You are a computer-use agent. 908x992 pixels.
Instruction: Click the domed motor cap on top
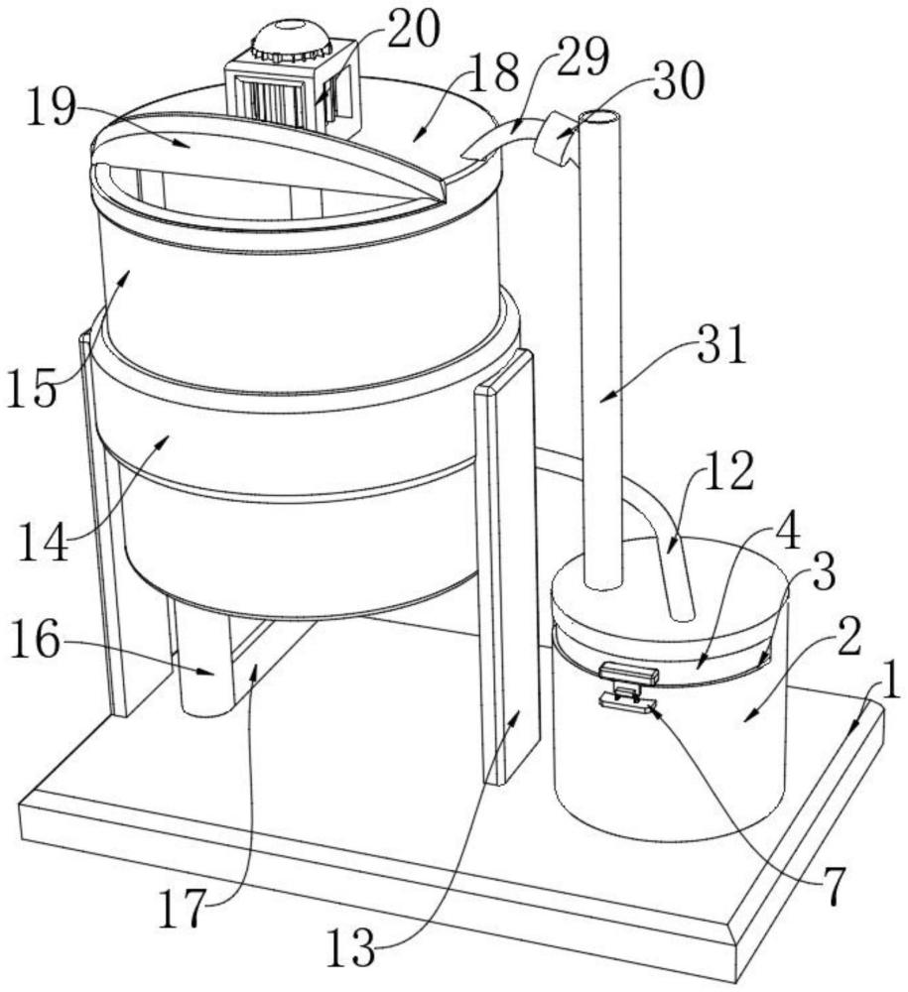[x=290, y=40]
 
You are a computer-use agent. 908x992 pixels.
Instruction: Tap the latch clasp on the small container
[x=627, y=687]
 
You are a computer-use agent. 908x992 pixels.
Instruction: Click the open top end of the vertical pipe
[x=598, y=117]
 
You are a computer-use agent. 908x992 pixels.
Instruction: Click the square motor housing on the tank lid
[x=288, y=94]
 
